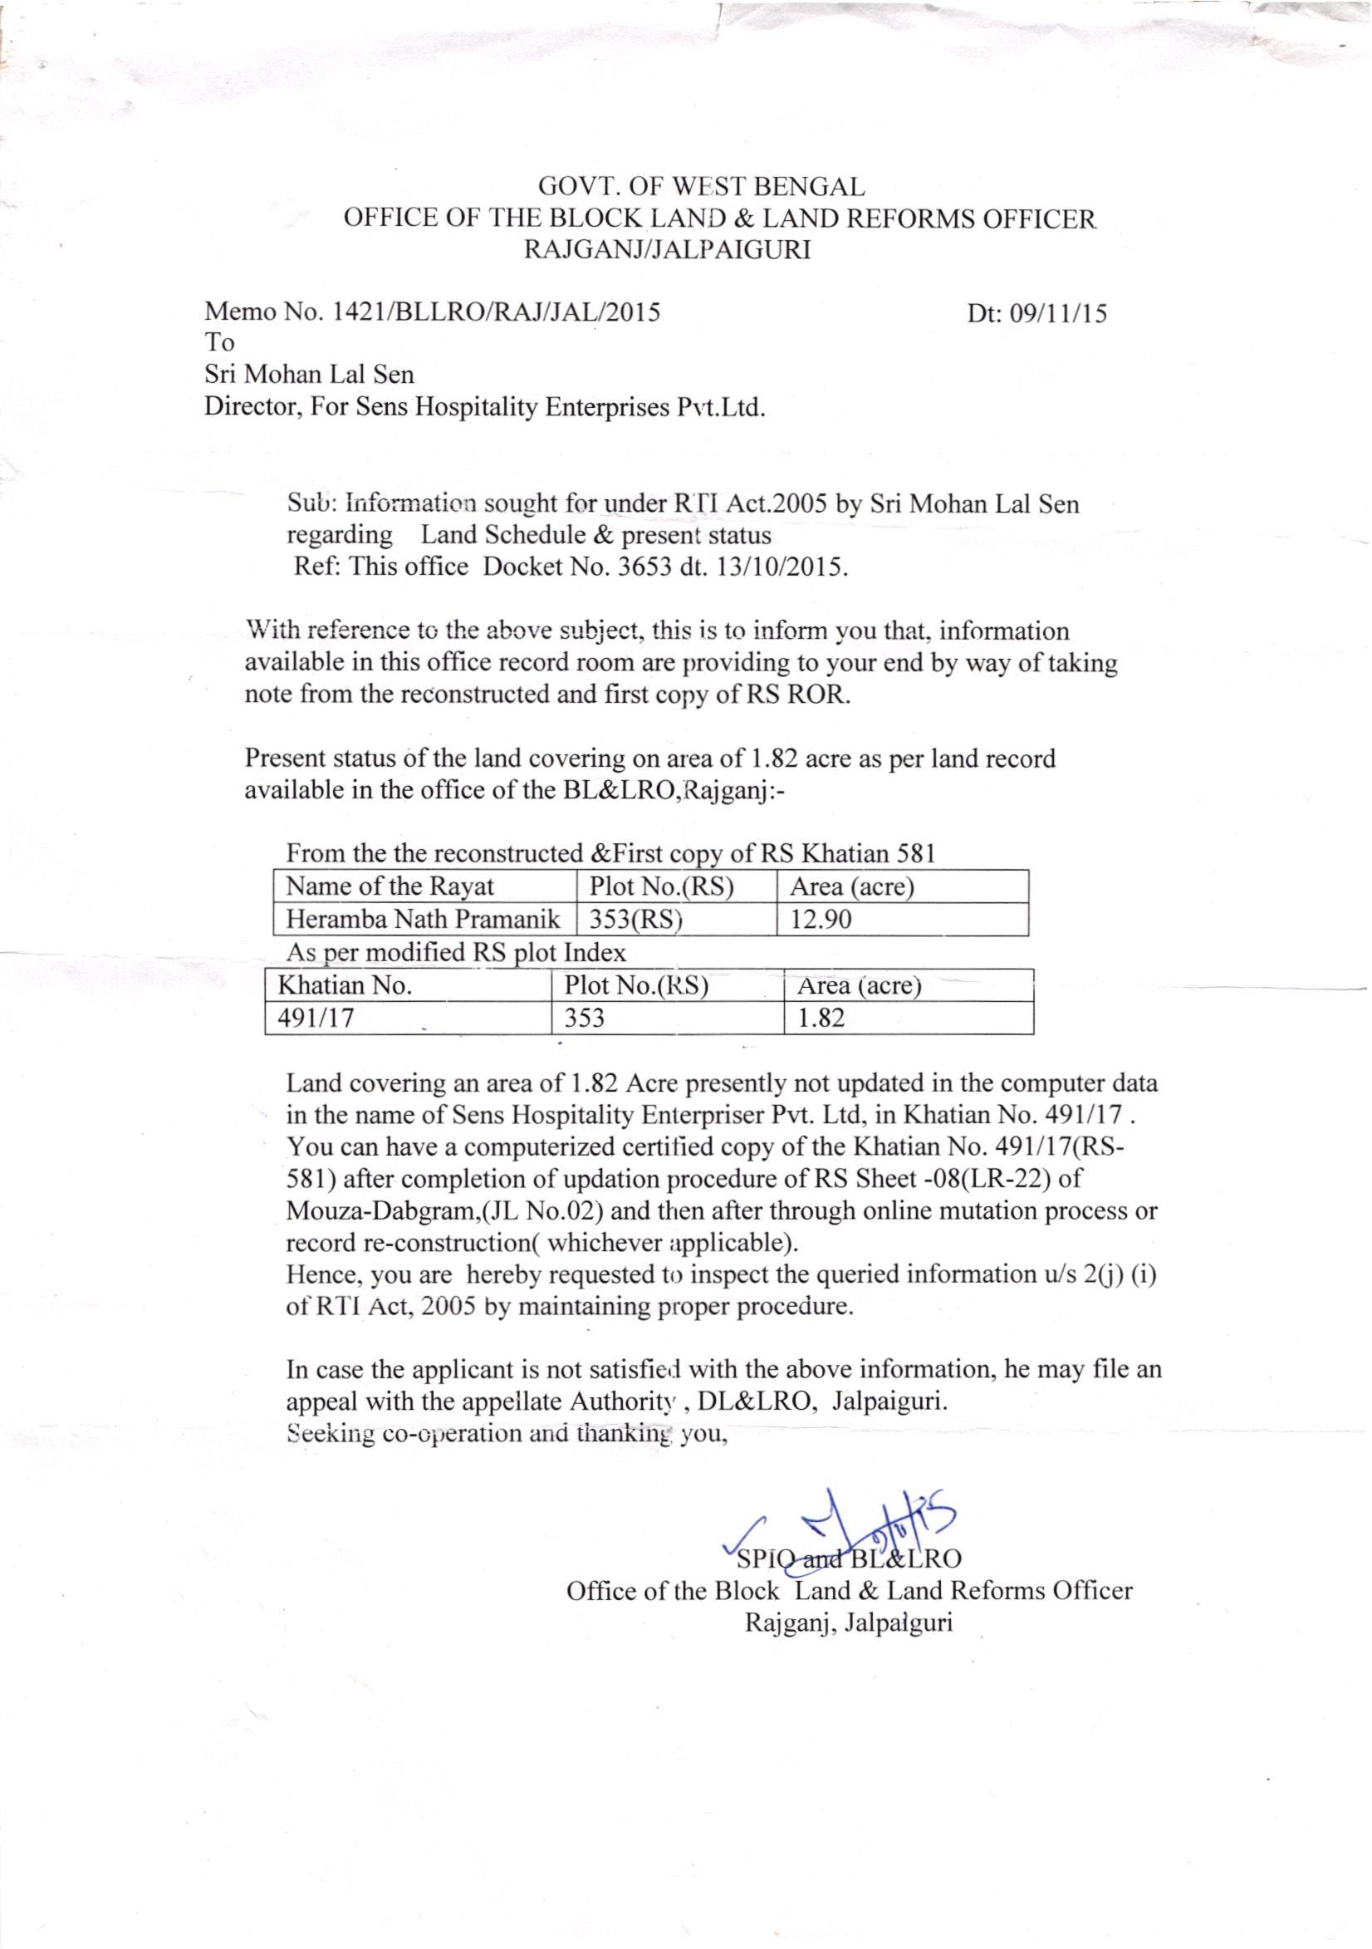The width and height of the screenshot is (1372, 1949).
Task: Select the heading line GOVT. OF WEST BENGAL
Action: click(703, 185)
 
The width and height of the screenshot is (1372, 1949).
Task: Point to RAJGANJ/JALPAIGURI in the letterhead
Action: click(669, 249)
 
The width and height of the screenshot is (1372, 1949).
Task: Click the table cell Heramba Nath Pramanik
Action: click(424, 920)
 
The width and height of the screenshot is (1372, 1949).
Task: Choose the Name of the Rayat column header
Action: click(390, 887)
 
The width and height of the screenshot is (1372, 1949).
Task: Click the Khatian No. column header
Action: click(346, 985)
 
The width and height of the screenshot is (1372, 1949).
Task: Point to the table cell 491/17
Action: click(316, 1018)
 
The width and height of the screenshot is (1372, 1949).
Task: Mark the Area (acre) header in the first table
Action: click(852, 887)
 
